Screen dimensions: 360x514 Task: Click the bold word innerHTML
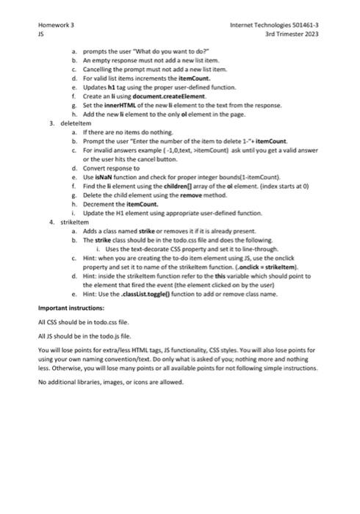point(125,105)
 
